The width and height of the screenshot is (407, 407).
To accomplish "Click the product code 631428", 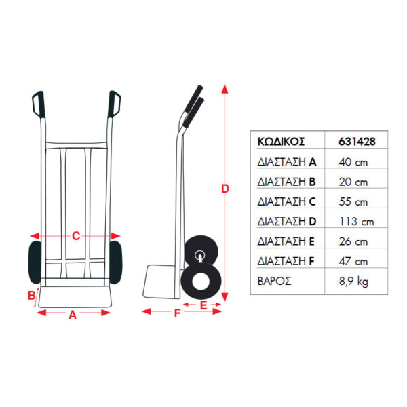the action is click(x=357, y=142).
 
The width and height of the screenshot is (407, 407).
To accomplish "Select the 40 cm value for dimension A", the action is click(x=353, y=162).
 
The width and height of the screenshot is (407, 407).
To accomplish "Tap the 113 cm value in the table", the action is click(x=356, y=222).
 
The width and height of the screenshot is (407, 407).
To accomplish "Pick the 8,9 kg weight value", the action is click(x=353, y=282).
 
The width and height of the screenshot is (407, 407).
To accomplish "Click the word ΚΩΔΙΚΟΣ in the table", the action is click(x=281, y=142).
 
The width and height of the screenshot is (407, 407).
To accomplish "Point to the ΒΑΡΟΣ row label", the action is click(x=274, y=281).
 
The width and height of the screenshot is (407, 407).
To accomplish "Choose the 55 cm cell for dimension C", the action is click(x=353, y=202).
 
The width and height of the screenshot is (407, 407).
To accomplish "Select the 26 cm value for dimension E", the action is click(x=353, y=241).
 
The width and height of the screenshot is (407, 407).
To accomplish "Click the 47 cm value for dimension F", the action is click(x=353, y=261).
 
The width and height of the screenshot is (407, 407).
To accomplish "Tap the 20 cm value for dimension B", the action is click(x=353, y=182).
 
